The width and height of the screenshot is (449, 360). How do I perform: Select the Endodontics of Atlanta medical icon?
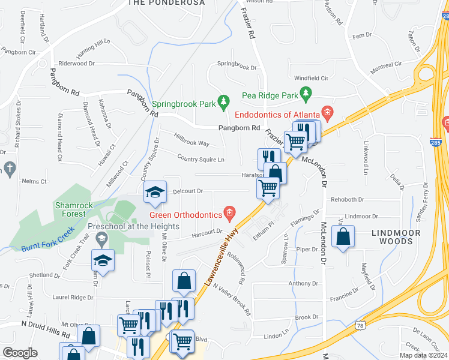[x=327, y=112]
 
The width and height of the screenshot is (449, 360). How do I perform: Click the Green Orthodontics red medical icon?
[x=229, y=212]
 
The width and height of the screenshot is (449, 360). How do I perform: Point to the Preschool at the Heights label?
[x=133, y=226]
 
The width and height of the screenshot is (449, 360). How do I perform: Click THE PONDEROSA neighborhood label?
[x=166, y=3]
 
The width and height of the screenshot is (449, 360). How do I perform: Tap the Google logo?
[x=20, y=353]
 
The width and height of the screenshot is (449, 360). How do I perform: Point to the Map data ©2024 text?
[x=423, y=355]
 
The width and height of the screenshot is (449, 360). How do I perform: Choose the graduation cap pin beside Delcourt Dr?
[x=155, y=192]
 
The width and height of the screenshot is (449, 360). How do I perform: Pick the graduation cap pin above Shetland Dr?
[x=103, y=261]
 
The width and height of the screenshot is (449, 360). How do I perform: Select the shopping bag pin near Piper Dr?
[x=343, y=236]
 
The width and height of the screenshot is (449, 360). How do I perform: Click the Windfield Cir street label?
[x=311, y=78]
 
